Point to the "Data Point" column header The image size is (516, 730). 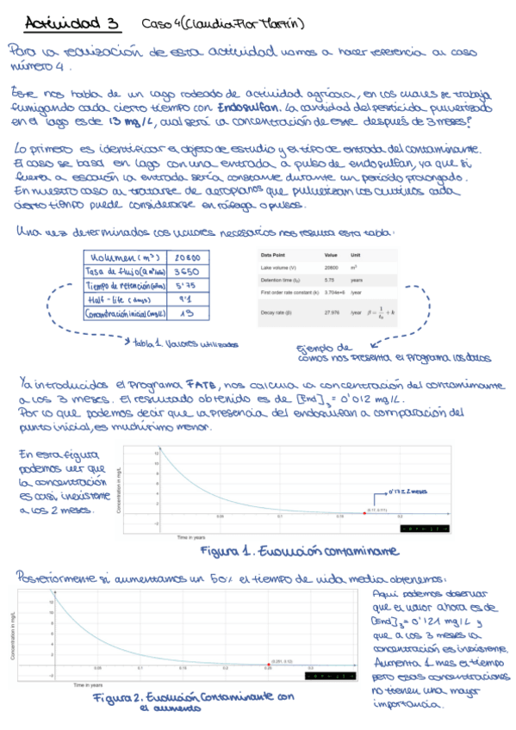(275, 256)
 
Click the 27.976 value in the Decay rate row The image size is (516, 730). (331, 312)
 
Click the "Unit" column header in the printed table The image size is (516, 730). (355, 256)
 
